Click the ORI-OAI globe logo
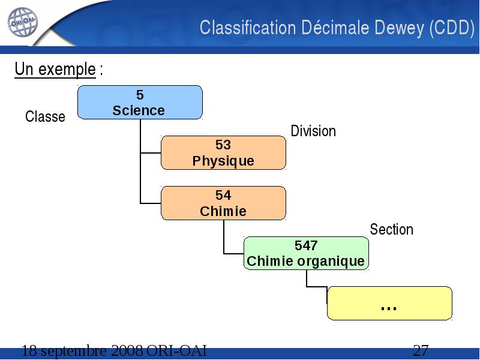[23, 22]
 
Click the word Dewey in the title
[400, 28]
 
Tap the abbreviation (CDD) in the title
[452, 28]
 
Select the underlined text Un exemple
[55, 70]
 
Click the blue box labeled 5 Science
[140, 102]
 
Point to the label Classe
[45, 116]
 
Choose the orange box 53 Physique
[223, 153]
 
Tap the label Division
[313, 131]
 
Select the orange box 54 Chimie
[223, 203]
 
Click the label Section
[392, 229]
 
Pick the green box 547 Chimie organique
[306, 253]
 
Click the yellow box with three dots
[389, 304]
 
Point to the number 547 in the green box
[306, 245]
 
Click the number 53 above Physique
[223, 145]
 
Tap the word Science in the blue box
[139, 110]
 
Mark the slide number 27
[421, 350]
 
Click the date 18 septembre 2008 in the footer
[82, 350]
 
